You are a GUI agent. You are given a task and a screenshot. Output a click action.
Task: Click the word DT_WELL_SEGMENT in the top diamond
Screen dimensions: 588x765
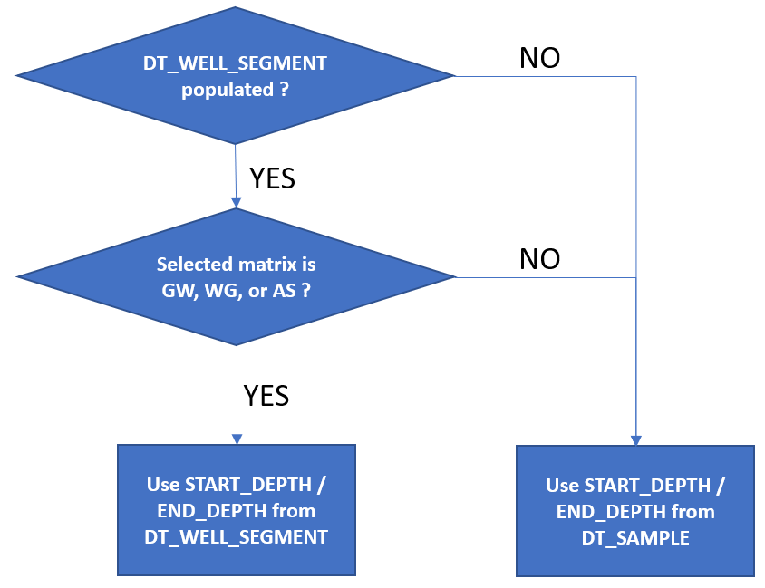click(x=236, y=64)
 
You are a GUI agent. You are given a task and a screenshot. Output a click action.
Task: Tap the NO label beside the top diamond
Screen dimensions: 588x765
click(x=539, y=58)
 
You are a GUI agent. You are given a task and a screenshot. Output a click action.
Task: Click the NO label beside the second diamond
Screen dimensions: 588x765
click(x=539, y=260)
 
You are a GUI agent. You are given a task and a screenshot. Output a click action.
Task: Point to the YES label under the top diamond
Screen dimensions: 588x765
click(x=273, y=178)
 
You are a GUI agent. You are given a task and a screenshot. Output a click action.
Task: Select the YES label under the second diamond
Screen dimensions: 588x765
click(x=266, y=395)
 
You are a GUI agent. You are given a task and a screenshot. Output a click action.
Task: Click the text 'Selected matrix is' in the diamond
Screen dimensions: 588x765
click(x=236, y=265)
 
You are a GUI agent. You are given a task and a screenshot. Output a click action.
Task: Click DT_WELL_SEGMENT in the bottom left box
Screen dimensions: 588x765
click(x=236, y=536)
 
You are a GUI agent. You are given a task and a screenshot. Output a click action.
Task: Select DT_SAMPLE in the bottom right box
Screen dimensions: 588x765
click(x=634, y=538)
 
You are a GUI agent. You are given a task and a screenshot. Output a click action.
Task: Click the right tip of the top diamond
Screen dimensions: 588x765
click(x=453, y=76)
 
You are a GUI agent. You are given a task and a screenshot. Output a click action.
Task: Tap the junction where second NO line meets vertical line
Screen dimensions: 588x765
click(x=636, y=277)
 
